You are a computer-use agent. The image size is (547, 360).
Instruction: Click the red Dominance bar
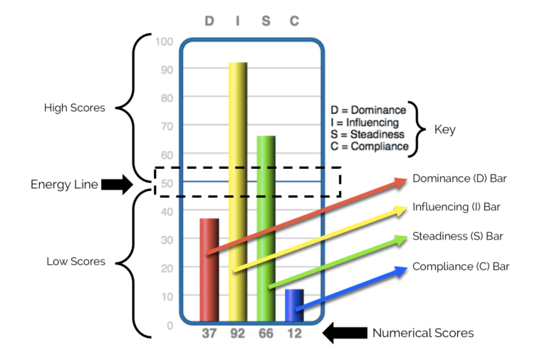[x=209, y=269]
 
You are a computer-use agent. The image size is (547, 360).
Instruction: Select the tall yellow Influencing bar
[x=238, y=192]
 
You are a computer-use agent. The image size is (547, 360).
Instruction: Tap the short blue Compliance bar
[x=294, y=305]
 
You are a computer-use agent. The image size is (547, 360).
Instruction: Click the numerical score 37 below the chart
[x=209, y=334]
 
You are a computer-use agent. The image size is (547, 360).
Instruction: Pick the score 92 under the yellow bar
[x=238, y=334]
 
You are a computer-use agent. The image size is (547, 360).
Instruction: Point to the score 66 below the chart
[x=266, y=334]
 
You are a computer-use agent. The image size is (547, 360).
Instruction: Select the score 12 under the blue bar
[x=294, y=334]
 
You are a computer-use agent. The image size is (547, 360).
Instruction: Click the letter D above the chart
[x=209, y=21]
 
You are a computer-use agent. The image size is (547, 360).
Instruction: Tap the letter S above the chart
[x=266, y=21]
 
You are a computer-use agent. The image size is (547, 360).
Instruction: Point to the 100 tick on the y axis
[x=165, y=42]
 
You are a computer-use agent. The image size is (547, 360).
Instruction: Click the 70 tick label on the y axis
[x=167, y=127]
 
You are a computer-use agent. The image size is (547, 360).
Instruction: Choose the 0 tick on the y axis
[x=170, y=326]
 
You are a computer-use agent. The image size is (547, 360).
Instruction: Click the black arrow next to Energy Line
[x=118, y=184]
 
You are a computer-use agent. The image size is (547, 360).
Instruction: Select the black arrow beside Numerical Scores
[x=345, y=333]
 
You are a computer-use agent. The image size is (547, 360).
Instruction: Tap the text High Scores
[x=75, y=108]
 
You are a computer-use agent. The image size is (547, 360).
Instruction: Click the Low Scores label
[x=76, y=262]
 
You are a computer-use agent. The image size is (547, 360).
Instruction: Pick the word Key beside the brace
[x=444, y=130]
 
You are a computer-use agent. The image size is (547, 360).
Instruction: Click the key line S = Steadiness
[x=368, y=135]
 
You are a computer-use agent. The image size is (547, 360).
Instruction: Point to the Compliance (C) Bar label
[x=461, y=267]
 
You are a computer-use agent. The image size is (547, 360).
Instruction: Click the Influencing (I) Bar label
[x=457, y=207]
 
